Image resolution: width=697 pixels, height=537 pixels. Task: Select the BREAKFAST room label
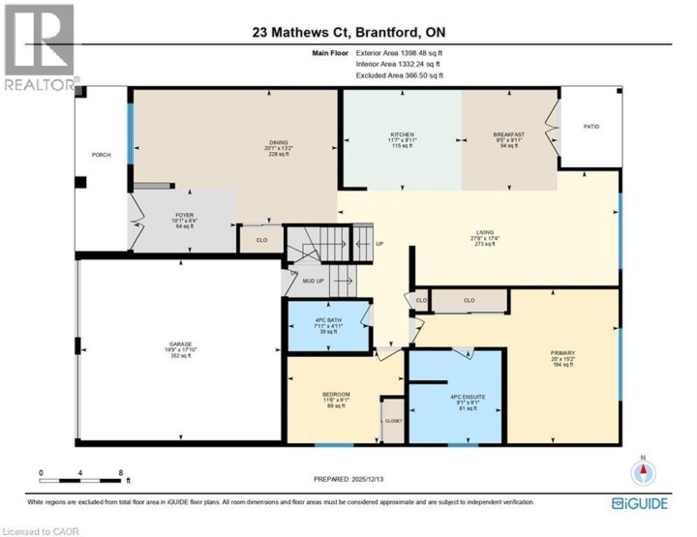[x=508, y=134]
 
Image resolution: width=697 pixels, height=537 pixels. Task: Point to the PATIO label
[x=591, y=127]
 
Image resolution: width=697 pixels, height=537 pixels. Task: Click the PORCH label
[x=101, y=154]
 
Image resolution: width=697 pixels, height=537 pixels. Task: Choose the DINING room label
[x=279, y=143]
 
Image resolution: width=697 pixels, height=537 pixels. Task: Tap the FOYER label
[x=184, y=215]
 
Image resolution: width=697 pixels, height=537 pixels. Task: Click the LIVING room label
[x=485, y=232]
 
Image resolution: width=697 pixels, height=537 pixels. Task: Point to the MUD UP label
[x=314, y=282]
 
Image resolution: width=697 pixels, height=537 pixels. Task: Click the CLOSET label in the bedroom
[x=394, y=422]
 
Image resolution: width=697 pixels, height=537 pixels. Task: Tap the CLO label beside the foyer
[x=261, y=240]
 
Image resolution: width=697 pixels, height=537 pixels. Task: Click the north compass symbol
[x=644, y=473]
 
